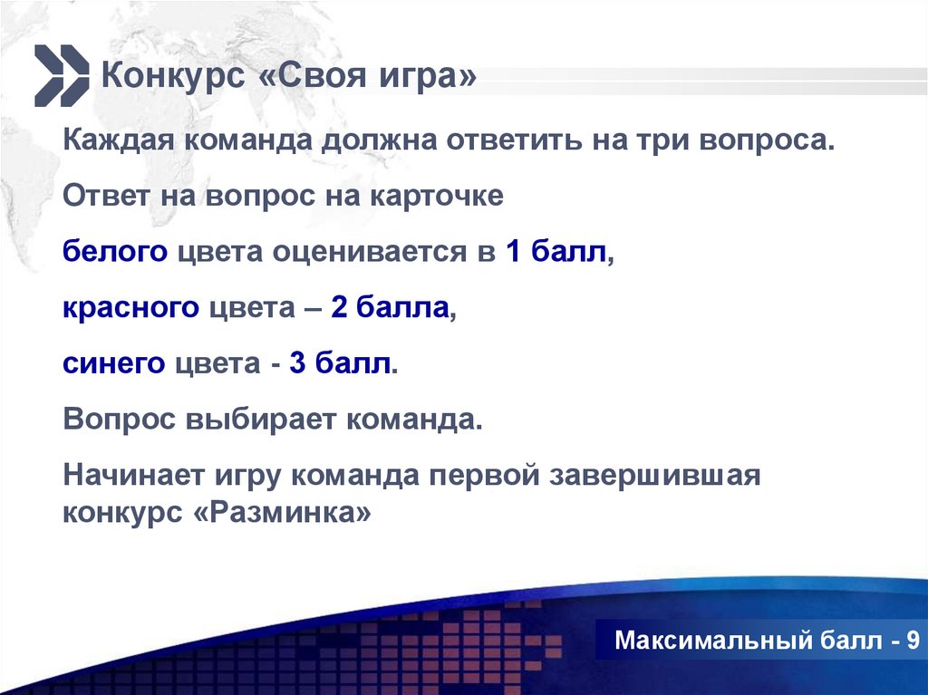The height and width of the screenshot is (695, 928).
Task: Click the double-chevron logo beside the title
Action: [62, 74]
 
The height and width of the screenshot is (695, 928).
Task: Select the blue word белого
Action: [115, 253]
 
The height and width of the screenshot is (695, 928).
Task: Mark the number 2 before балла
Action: [339, 308]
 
